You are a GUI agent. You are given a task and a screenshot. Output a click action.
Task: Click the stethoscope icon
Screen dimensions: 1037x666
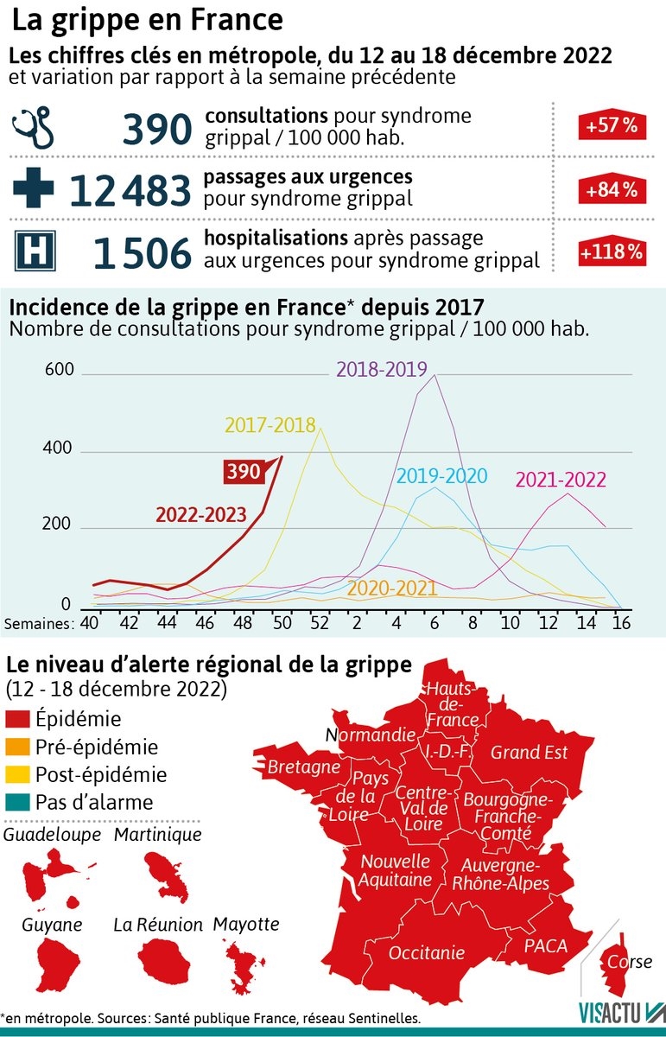pos(34,128)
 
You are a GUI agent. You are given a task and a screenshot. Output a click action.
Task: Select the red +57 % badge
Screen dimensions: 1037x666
pos(612,126)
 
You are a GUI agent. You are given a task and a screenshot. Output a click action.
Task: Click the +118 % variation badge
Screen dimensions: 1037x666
pos(612,252)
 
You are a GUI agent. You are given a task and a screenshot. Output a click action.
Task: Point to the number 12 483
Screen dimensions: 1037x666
pos(129,190)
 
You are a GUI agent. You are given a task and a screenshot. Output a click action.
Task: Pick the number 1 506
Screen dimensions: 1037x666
pos(142,253)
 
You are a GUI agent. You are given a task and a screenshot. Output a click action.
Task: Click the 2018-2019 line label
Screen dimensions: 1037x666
pos(381,369)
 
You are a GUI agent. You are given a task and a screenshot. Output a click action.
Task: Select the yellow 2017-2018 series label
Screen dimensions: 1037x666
pos(270,425)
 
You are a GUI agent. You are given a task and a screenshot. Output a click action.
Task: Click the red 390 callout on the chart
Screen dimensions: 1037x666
pos(244,472)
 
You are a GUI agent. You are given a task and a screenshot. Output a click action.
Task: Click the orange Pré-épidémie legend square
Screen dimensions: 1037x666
pos(18,747)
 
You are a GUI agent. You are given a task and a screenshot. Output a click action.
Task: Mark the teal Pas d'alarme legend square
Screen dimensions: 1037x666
pos(18,802)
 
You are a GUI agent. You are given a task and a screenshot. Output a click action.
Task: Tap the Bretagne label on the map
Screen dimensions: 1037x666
pos(303,767)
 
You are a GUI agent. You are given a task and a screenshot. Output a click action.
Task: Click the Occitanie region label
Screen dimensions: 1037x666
pos(427,952)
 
